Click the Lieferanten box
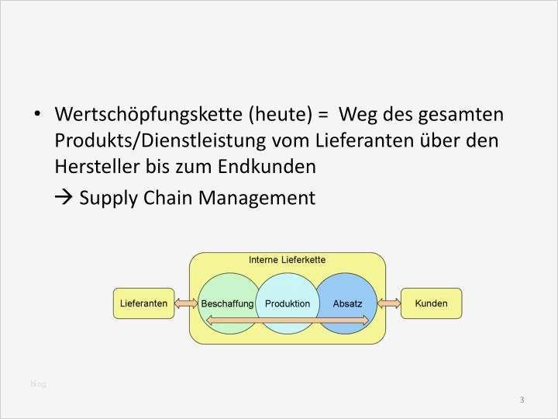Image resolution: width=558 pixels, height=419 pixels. (144, 303)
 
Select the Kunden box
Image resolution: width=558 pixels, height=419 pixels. (431, 303)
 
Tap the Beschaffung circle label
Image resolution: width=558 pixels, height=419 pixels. (227, 304)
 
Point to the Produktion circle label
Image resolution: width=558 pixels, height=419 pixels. (288, 304)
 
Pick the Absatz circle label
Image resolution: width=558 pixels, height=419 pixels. (347, 304)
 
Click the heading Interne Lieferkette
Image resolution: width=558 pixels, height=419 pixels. (287, 260)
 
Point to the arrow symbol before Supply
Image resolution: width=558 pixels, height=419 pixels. (64, 198)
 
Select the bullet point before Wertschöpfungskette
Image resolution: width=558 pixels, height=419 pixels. (37, 115)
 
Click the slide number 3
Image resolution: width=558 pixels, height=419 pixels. (522, 400)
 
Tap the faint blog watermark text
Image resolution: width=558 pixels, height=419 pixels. (38, 383)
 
